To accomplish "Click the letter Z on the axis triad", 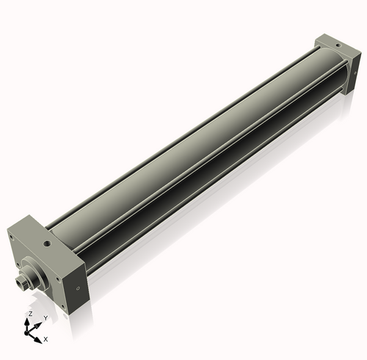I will [29, 313].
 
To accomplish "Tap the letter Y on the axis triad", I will [45, 318].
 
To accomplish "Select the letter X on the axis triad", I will [46, 339].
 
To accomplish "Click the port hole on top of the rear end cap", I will [337, 43].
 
